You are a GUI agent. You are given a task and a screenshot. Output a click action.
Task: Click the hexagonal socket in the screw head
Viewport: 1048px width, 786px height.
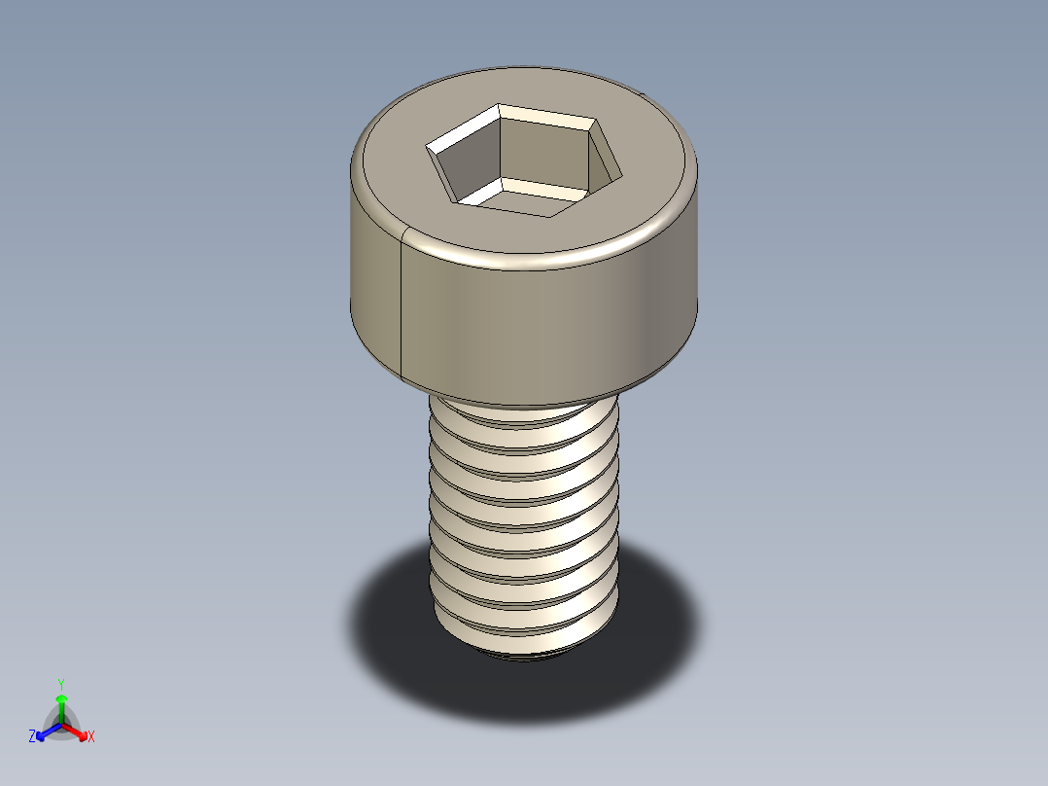[524, 161]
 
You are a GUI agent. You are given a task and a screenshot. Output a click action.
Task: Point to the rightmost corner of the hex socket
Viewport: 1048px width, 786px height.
[621, 177]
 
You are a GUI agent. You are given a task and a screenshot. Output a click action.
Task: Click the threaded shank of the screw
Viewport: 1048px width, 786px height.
[524, 521]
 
